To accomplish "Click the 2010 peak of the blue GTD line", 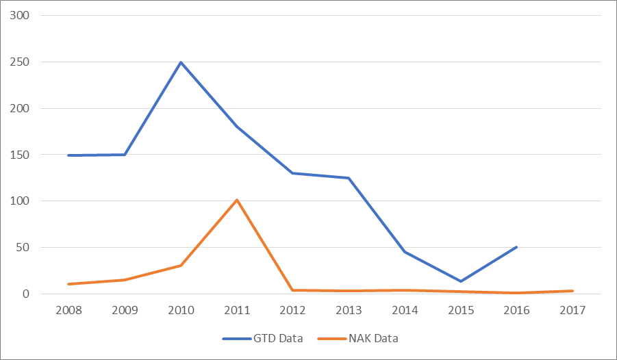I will coord(181,62).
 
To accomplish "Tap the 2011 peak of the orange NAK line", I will coord(237,200).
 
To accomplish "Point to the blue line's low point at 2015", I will coord(461,281).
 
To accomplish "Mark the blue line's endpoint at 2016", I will coord(517,247).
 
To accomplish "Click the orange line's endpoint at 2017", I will coord(572,291).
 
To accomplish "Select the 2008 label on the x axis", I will coord(69,310).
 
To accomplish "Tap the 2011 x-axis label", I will coord(237,310).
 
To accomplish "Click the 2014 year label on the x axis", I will coord(405,310).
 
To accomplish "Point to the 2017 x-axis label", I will coord(572,310).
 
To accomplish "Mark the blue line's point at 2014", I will coord(405,252).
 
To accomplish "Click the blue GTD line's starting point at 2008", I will coord(69,155).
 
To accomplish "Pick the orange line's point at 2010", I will coord(181,266).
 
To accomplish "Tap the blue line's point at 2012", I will coord(293,173).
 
